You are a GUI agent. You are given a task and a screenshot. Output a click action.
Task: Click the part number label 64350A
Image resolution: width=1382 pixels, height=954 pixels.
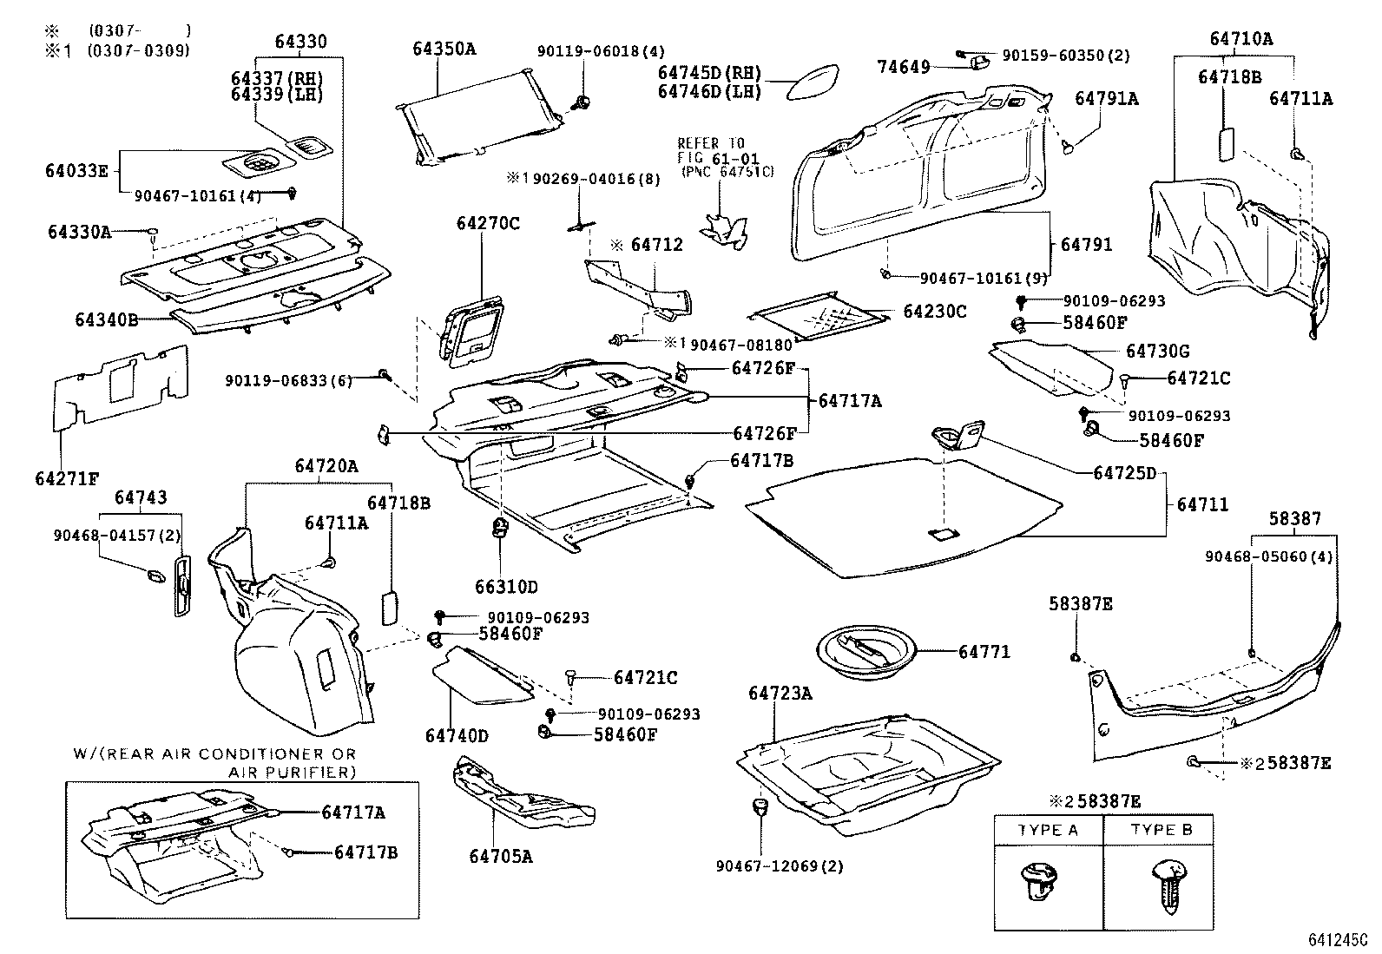point(444,49)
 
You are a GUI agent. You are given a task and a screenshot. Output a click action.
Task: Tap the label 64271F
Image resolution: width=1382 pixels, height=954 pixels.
point(67,478)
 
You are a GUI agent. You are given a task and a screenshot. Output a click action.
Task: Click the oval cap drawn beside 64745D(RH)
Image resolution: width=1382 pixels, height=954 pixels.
point(813,82)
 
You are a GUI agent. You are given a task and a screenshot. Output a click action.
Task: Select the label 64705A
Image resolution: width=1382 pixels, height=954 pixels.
point(501,856)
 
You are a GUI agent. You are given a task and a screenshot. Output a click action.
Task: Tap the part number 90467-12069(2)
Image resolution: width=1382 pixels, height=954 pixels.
point(780,866)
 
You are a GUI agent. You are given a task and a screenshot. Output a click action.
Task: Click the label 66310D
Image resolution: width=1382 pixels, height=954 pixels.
point(506,587)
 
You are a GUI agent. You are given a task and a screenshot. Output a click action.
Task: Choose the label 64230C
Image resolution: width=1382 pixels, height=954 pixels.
point(934,312)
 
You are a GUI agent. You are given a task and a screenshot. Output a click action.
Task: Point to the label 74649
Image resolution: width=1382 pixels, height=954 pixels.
point(903,67)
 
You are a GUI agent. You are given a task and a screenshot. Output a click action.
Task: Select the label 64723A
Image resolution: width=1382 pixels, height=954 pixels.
point(780,693)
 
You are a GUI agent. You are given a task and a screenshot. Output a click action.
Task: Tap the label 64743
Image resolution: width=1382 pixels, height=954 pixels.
point(141,497)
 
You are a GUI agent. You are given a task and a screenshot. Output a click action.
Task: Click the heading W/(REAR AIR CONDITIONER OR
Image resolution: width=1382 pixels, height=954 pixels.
point(214,754)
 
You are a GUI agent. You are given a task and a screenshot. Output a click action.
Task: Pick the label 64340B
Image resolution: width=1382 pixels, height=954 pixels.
point(106,319)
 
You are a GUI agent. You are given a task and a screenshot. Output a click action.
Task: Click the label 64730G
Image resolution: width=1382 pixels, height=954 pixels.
point(1157,352)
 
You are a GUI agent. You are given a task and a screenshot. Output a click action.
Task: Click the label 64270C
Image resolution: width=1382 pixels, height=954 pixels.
point(488,224)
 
